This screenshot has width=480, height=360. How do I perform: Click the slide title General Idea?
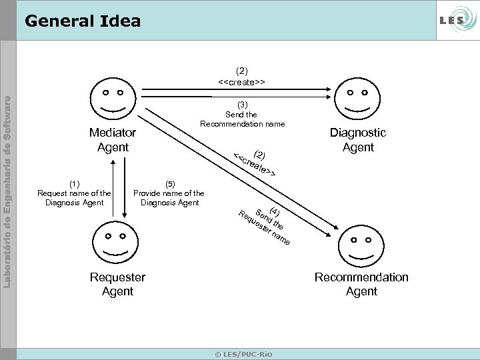pos(82,21)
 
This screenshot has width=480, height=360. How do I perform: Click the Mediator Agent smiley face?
pos(113,98)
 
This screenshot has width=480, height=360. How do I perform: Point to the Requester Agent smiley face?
pos(114,244)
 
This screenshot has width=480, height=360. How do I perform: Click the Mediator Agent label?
pos(113,140)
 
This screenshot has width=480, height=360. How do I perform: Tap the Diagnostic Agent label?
pos(358,140)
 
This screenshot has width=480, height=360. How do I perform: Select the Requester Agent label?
pos(117,284)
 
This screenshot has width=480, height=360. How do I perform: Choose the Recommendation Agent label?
pos(361,284)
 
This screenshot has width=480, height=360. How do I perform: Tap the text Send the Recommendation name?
pos(243,119)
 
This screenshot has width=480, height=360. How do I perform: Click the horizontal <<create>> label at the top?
pos(241,82)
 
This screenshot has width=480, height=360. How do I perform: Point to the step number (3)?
pos(243,104)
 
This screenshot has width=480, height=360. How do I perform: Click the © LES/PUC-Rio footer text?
pos(243,353)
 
